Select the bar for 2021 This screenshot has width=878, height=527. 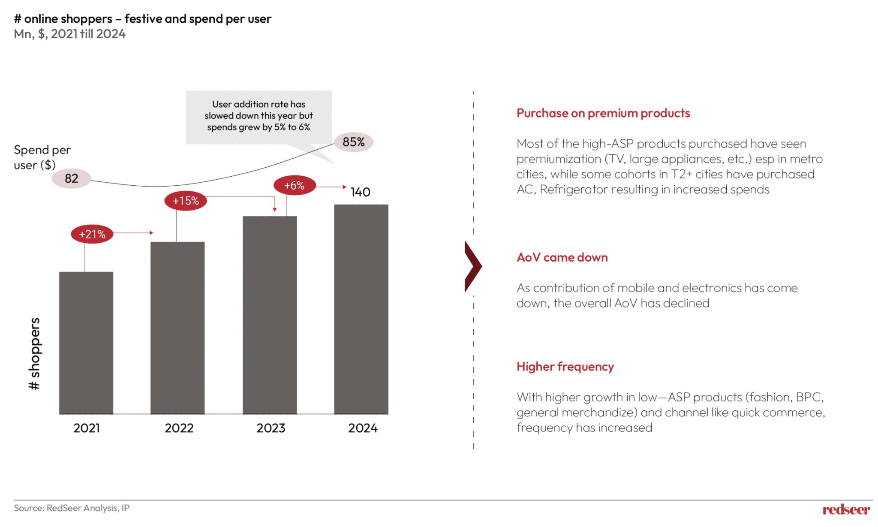pos(86,343)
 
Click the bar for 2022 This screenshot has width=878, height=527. pos(177,328)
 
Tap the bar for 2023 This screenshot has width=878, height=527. pos(270,315)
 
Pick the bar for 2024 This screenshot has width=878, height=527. pos(361,309)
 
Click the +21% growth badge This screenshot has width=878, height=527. pos(92,234)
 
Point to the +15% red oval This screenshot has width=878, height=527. pos(186,201)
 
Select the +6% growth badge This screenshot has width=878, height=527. pos(295,186)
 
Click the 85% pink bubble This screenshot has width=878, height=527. pos(354,142)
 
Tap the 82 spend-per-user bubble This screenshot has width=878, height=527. pos(72,178)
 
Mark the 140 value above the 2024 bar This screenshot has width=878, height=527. pos(360,192)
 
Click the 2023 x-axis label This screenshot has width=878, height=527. pos(271,428)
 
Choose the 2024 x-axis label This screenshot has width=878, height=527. pos(363,428)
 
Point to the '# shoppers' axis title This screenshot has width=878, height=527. pos(34,353)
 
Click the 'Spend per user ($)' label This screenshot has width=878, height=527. pos(42,157)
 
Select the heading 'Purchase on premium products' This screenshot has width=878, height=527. pos(603,113)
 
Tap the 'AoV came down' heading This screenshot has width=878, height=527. pos(562,257)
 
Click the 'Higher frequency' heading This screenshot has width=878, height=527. pos(565,367)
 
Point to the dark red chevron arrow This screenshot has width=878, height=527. pos(473,266)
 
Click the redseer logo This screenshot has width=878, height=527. pos(846,509)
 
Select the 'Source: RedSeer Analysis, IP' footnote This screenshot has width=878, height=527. pos(72,508)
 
